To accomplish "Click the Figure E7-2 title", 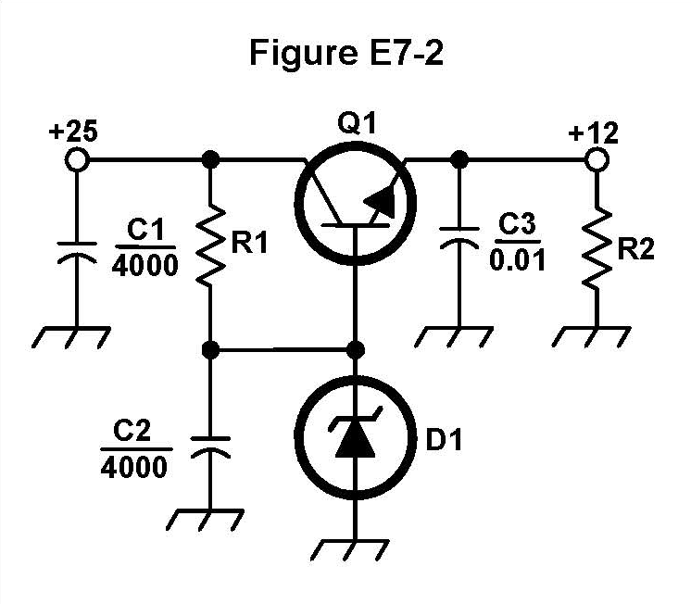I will click(345, 53).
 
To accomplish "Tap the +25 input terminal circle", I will click(77, 160).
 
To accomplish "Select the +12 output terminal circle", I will click(598, 160).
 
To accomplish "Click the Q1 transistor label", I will click(357, 123).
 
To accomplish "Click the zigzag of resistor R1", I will click(212, 245).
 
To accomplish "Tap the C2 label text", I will click(133, 430).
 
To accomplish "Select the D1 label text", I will click(443, 442).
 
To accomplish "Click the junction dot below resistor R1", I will click(212, 350).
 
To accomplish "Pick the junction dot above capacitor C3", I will click(458, 160).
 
